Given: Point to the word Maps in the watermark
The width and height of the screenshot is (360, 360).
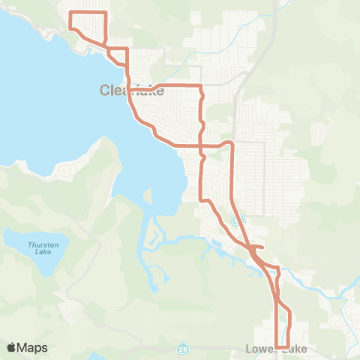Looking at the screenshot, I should pyautogui.click(x=33, y=347).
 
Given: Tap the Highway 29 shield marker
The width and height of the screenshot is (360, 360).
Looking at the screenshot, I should pyautogui.click(x=183, y=349).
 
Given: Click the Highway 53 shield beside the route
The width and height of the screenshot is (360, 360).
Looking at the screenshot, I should pyautogui.click(x=238, y=220).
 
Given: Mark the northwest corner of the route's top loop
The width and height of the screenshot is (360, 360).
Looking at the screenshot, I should pyautogui.click(x=70, y=13).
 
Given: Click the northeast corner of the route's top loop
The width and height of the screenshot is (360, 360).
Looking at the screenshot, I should pyautogui.click(x=106, y=13).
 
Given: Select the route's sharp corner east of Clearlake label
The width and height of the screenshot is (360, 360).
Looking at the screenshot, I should pyautogui.click(x=201, y=86).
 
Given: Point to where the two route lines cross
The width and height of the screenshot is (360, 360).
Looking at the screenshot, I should pyautogui.click(x=201, y=143).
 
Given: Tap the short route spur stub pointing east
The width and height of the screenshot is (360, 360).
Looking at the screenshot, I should pyautogui.click(x=259, y=247).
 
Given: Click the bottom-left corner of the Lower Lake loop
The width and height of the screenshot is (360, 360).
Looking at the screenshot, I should pyautogui.click(x=277, y=346).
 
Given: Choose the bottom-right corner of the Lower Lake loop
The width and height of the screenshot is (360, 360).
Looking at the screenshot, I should pyautogui.click(x=288, y=346).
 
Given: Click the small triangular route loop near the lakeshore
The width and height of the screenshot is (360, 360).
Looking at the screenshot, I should pyautogui.click(x=116, y=55).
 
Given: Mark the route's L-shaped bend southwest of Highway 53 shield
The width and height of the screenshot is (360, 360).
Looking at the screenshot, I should pyautogui.click(x=201, y=199).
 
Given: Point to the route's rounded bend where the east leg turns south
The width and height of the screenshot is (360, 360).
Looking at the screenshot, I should pyautogui.click(x=230, y=143).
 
